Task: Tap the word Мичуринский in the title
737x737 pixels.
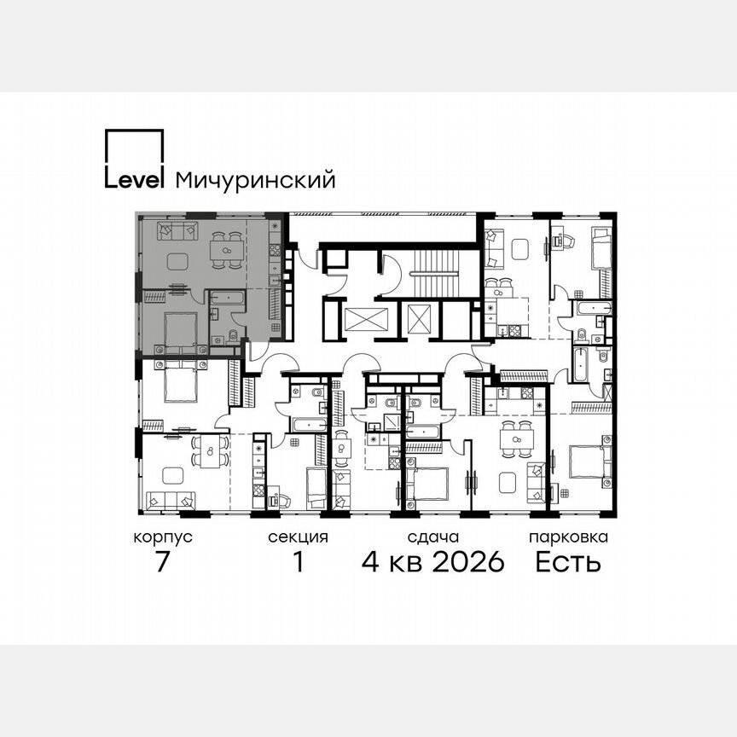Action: coord(254,181)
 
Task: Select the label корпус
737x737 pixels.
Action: coord(163,537)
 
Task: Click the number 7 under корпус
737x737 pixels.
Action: coord(163,563)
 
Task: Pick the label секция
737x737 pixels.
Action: coord(298,537)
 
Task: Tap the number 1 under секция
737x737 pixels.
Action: coord(298,563)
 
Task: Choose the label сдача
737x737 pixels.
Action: coord(433,537)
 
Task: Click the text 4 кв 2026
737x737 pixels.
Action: coord(433,563)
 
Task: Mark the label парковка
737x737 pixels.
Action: coord(568,537)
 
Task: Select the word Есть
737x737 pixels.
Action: coord(568,563)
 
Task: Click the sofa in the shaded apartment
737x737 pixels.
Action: coord(177,230)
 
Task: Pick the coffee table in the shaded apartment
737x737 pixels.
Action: coord(177,261)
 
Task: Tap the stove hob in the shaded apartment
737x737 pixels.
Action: coord(276,250)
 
